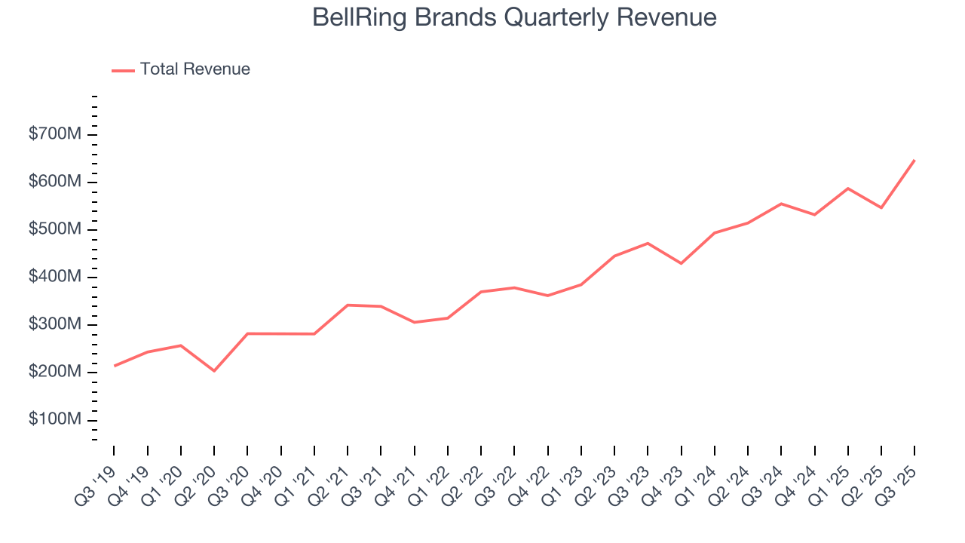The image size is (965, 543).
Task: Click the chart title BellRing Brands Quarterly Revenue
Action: click(514, 17)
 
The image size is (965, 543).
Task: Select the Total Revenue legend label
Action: click(195, 69)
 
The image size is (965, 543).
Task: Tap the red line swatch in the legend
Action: click(123, 70)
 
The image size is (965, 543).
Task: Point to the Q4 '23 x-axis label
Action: click(665, 477)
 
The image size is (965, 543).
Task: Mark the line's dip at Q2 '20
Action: click(214, 370)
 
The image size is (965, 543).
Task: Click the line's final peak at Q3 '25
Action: click(914, 160)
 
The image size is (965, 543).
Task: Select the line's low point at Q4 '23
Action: click(681, 263)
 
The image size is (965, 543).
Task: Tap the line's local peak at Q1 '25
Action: click(848, 189)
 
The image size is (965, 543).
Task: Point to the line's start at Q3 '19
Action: click(115, 366)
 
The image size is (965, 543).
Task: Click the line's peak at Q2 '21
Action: click(348, 305)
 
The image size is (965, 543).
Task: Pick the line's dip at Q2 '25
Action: click(881, 207)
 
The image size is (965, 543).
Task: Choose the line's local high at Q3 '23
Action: click(648, 243)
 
